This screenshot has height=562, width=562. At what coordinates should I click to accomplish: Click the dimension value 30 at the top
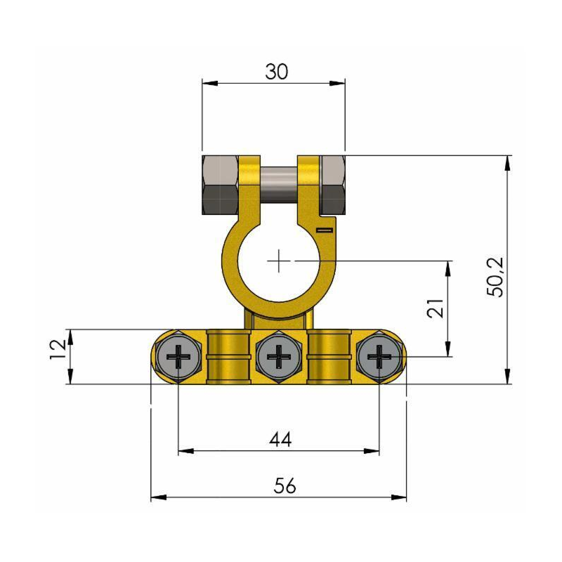click(276, 72)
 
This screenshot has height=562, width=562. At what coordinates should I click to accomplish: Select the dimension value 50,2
click(496, 277)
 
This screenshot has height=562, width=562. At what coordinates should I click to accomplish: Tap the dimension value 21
click(436, 308)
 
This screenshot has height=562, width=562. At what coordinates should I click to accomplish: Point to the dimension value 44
click(280, 440)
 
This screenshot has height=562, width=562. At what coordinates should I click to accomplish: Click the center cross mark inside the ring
click(280, 261)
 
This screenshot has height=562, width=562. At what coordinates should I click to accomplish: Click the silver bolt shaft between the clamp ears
click(280, 184)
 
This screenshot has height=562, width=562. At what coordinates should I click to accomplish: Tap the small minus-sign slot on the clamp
click(324, 229)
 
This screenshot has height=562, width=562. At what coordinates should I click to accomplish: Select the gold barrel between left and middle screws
click(229, 356)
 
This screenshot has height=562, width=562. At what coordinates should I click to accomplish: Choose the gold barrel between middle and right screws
click(329, 356)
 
